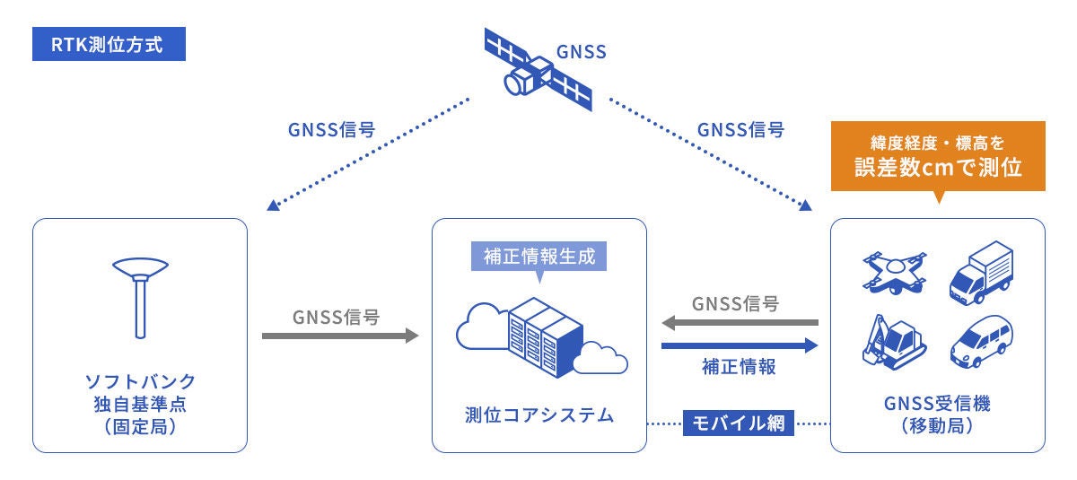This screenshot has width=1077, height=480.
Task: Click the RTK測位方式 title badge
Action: point(108,44)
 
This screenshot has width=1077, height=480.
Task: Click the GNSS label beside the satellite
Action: point(582,51)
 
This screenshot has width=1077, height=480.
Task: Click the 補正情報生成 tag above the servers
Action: point(539,256)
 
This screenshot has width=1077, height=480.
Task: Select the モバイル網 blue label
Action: point(740,422)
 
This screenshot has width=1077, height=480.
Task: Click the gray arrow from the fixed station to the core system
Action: point(340,336)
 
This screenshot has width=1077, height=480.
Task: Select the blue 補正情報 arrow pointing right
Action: point(740,345)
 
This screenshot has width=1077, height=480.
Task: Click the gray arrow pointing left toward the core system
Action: point(740,322)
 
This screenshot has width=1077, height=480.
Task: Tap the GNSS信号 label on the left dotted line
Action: point(331,128)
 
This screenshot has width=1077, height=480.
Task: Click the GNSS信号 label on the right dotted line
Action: point(740,128)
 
